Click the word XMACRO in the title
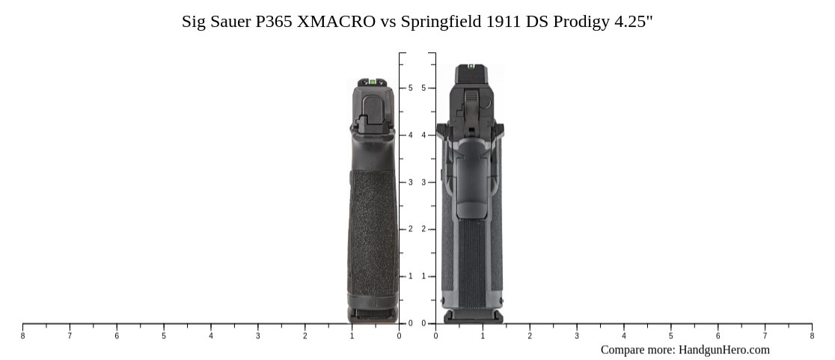337,21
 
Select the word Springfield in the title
441,21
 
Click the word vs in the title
388,21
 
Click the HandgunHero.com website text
724,350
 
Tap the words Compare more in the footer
637,350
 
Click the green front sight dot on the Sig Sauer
372,81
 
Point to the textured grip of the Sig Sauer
373,232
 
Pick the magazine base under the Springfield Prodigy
473,317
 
